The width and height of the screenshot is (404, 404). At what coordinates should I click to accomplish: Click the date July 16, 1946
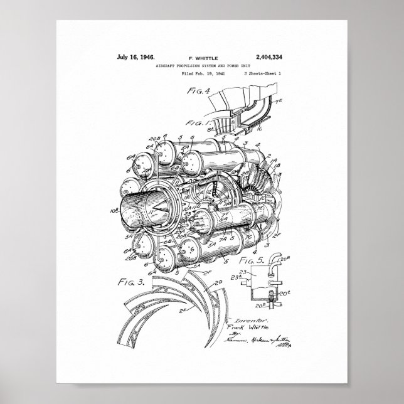coord(136,57)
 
